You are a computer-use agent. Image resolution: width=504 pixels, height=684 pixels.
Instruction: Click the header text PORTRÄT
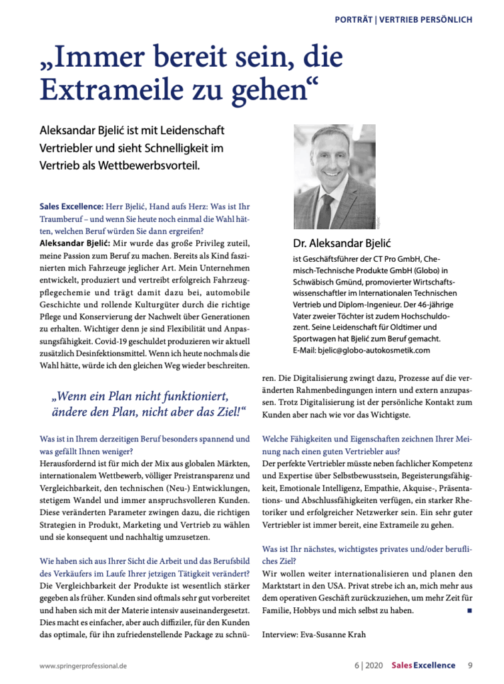pos(354,19)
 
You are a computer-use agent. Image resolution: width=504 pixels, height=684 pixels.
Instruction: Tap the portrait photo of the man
pos(334,176)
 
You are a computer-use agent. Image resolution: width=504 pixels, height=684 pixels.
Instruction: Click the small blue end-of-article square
pos(469,611)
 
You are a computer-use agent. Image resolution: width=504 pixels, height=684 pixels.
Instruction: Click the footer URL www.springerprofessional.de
pos(85,665)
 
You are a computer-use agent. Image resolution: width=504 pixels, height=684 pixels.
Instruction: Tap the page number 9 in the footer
pos(470,665)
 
